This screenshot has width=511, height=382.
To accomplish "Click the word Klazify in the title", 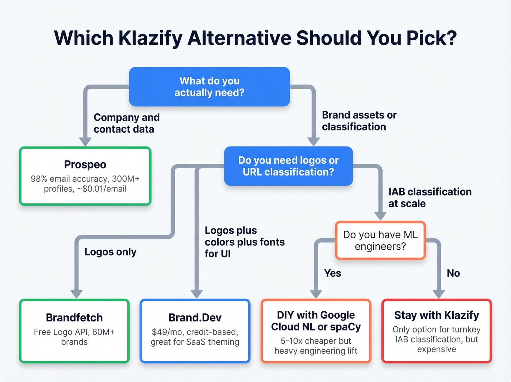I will [x=150, y=38].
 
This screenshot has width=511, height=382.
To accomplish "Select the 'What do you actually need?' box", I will [x=210, y=87].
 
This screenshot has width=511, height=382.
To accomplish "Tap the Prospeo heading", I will [x=85, y=164].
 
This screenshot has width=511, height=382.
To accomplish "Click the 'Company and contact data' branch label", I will [x=126, y=123].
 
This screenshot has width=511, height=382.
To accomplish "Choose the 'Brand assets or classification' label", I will [x=359, y=121].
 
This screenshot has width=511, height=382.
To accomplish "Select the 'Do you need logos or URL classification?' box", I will [x=288, y=166].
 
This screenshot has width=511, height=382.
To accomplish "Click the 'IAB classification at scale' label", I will [x=430, y=197].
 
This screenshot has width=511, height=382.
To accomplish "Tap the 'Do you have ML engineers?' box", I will [x=380, y=240].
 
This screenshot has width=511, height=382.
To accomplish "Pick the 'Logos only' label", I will [x=110, y=252].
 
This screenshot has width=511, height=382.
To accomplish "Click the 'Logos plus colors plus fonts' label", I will [x=245, y=242].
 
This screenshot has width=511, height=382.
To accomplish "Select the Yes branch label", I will [x=333, y=273].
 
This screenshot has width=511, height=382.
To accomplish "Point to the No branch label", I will [x=453, y=273].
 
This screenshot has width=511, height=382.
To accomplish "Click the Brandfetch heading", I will [x=74, y=318].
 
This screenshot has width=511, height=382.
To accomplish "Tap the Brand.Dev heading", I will [x=195, y=318].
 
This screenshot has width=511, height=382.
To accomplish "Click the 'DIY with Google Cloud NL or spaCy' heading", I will [x=316, y=321].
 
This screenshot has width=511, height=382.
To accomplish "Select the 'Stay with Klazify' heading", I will [x=437, y=315].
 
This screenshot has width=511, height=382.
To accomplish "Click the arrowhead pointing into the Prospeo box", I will [x=85, y=142].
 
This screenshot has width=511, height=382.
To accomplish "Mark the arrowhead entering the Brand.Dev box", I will [x=197, y=294].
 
